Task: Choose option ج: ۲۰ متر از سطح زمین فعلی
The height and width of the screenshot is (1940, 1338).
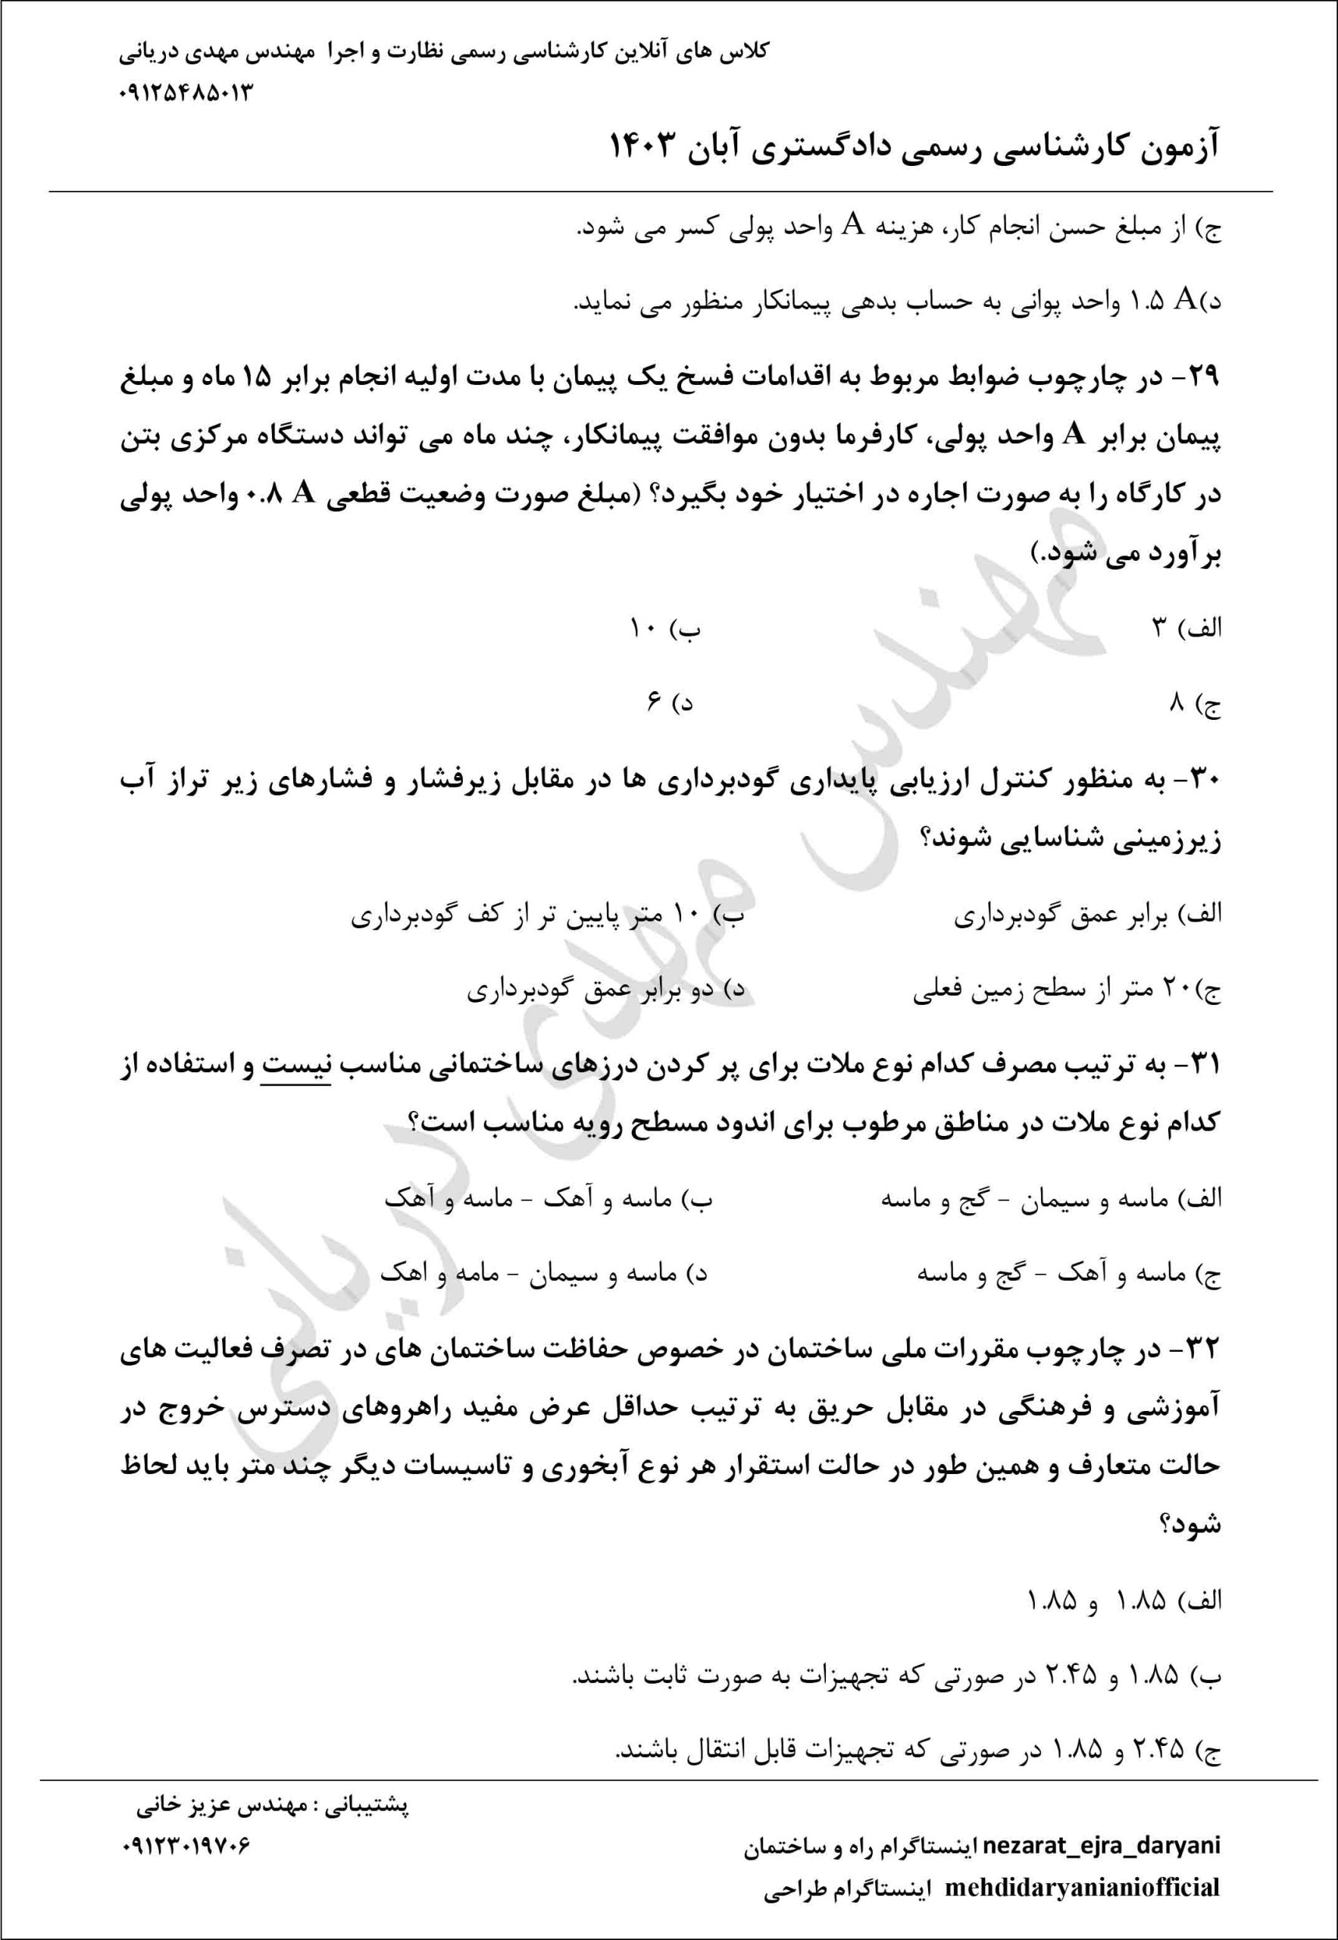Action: pyautogui.click(x=1066, y=991)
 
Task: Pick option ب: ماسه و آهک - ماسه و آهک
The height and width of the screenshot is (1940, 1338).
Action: pyautogui.click(x=549, y=1199)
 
